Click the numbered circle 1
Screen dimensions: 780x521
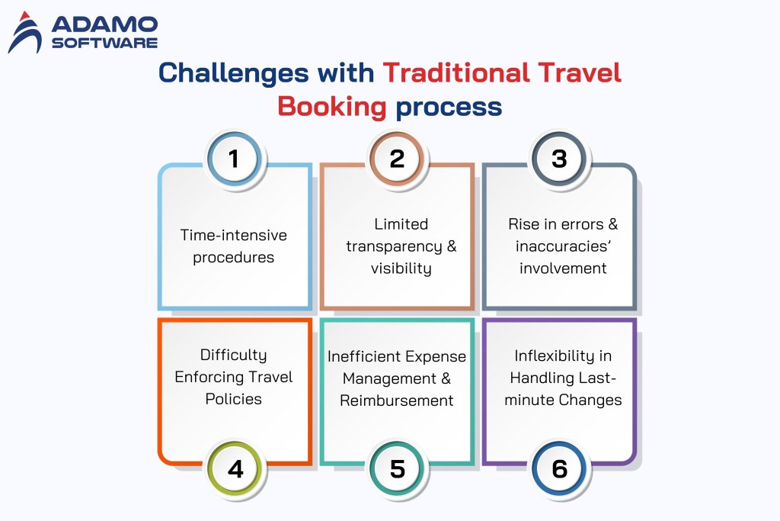[234, 159]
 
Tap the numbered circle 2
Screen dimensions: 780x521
[396, 159]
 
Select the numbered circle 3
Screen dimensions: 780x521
[559, 159]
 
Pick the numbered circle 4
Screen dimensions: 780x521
[235, 468]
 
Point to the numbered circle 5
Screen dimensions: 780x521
[397, 468]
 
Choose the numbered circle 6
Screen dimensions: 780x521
[559, 468]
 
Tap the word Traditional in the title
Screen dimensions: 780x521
[456, 72]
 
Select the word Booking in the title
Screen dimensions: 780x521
[332, 108]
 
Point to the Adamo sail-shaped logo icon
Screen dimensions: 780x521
[25, 32]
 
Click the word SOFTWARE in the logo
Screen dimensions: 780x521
[104, 43]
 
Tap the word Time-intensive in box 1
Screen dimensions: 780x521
[233, 235]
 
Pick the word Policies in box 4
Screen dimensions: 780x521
[233, 399]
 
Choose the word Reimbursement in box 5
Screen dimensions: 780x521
[396, 400]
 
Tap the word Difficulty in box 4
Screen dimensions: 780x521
[233, 355]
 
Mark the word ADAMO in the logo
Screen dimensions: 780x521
[104, 24]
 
